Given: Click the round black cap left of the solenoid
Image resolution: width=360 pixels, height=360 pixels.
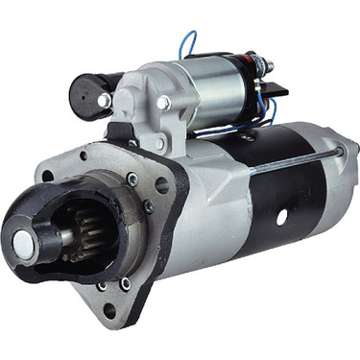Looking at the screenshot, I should tap(89, 95).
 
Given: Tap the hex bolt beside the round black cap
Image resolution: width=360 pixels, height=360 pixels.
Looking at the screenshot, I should tap(105, 100).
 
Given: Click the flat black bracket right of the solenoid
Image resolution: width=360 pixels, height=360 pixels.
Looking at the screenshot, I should tap(274, 91).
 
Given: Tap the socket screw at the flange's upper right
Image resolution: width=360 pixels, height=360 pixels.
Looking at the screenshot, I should tap(132, 179).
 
